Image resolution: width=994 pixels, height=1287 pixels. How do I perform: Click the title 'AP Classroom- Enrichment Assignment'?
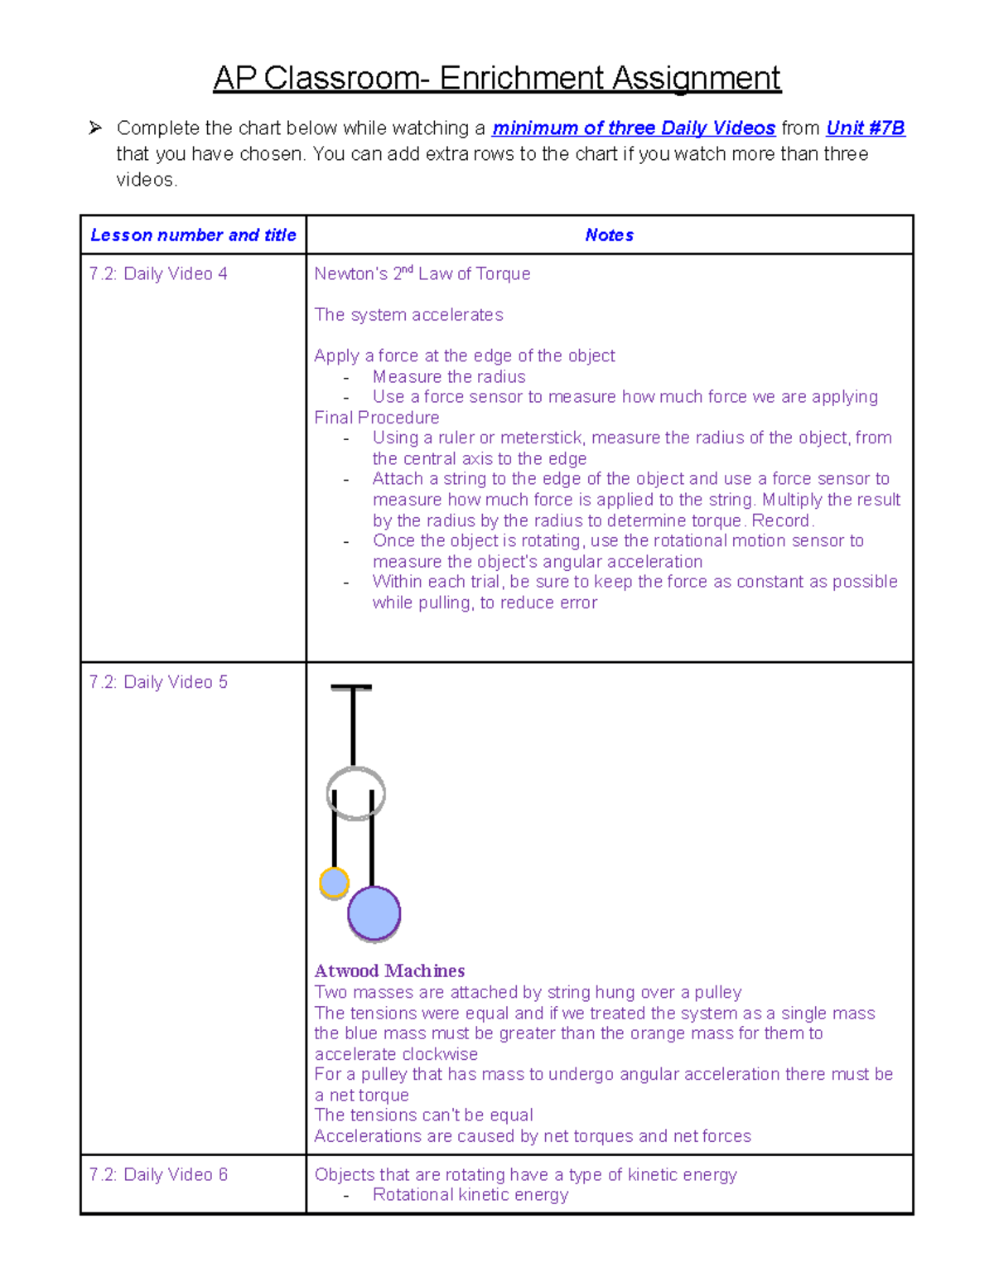pos(496,79)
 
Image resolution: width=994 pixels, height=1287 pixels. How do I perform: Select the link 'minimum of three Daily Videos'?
pos(633,128)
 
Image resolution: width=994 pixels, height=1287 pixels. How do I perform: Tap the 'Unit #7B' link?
pos(865,128)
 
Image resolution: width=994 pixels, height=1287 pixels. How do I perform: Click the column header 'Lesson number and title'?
pos(193,235)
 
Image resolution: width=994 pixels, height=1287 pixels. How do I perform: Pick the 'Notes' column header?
pos(609,235)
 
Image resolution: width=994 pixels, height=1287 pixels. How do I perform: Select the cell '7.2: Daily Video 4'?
pos(158,274)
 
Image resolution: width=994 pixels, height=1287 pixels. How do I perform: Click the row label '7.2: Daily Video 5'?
pos(158,682)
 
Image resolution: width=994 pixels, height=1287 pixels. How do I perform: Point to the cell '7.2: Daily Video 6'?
pos(158,1174)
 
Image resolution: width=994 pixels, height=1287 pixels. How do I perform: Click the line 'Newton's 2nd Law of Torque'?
pos(422,274)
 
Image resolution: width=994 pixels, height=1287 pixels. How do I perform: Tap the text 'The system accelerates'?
pos(408,315)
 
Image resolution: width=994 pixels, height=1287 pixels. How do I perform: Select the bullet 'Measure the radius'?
pos(448,377)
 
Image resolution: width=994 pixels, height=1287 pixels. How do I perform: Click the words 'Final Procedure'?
pos(376,418)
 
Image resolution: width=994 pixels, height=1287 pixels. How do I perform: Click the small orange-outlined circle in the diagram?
pos(334,883)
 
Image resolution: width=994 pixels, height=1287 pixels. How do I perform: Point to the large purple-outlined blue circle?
pos(374,913)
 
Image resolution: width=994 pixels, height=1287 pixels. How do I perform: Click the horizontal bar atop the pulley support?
pos(351,687)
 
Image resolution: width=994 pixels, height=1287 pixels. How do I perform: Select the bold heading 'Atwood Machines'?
pos(389,970)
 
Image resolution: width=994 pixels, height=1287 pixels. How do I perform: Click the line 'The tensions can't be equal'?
pos(423,1115)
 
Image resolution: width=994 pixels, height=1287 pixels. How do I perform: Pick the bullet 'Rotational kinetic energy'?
pos(470,1195)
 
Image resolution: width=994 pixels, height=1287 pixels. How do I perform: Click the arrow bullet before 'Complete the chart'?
pos(95,128)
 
